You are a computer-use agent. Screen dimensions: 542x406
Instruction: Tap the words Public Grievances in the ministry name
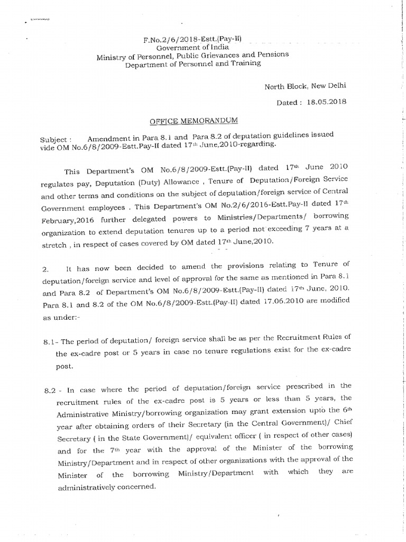pyautogui.click(x=204, y=56)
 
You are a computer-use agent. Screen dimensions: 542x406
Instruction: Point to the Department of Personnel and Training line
pyautogui.click(x=192, y=64)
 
